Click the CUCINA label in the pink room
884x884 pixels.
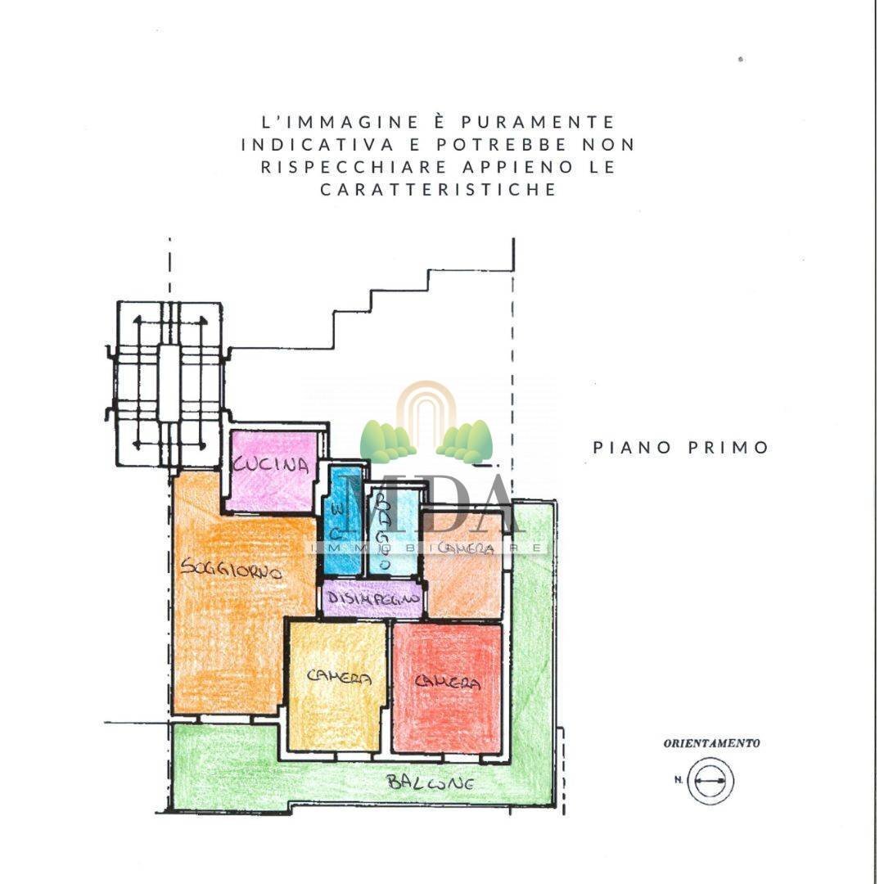272,466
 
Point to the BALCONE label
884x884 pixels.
431,783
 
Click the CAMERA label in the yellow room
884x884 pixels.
340,678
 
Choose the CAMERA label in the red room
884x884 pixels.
447,681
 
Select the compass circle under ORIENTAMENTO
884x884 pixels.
710,780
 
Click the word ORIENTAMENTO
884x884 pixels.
711,744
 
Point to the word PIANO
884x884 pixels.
632,448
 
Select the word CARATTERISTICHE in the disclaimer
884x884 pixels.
438,189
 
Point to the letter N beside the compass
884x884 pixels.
679,780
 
